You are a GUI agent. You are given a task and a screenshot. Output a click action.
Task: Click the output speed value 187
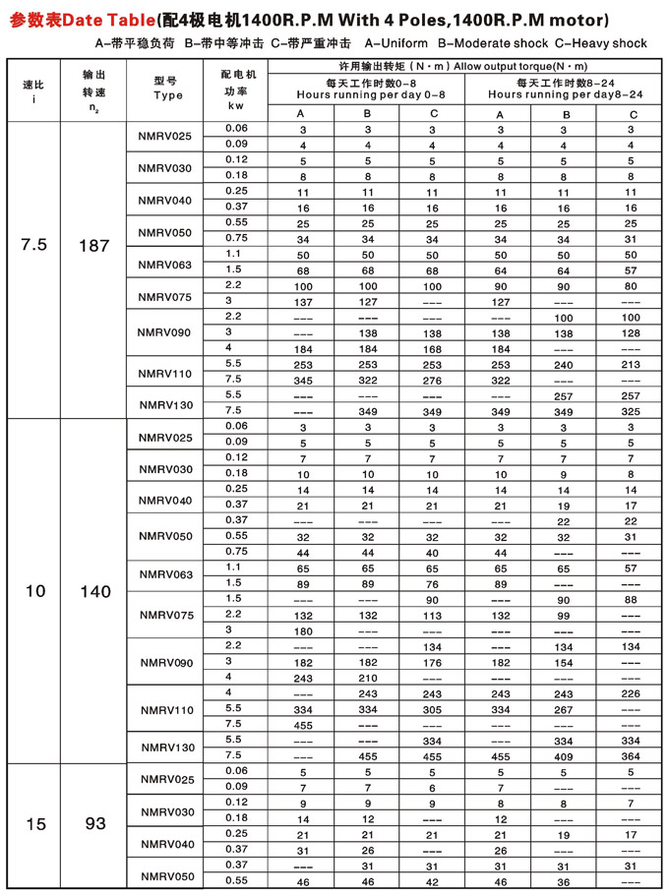(94, 246)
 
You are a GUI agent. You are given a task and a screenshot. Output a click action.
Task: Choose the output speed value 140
(94, 592)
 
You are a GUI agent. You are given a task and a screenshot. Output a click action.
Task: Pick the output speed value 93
(94, 824)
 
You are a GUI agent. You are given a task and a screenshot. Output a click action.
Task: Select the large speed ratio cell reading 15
(35, 824)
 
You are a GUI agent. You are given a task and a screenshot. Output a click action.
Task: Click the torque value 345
(302, 380)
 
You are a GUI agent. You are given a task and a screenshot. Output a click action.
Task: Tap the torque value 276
(434, 380)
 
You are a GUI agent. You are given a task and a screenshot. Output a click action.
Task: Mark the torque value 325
(632, 410)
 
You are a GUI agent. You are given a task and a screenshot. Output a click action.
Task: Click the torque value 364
(632, 756)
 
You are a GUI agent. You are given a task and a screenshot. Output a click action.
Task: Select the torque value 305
(434, 709)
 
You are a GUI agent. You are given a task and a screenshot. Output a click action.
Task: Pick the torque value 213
(632, 364)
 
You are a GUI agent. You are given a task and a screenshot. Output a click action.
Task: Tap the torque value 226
(632, 693)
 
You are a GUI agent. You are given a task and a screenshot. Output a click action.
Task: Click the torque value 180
(302, 630)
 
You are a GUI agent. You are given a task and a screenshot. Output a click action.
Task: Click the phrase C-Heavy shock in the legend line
(601, 43)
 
